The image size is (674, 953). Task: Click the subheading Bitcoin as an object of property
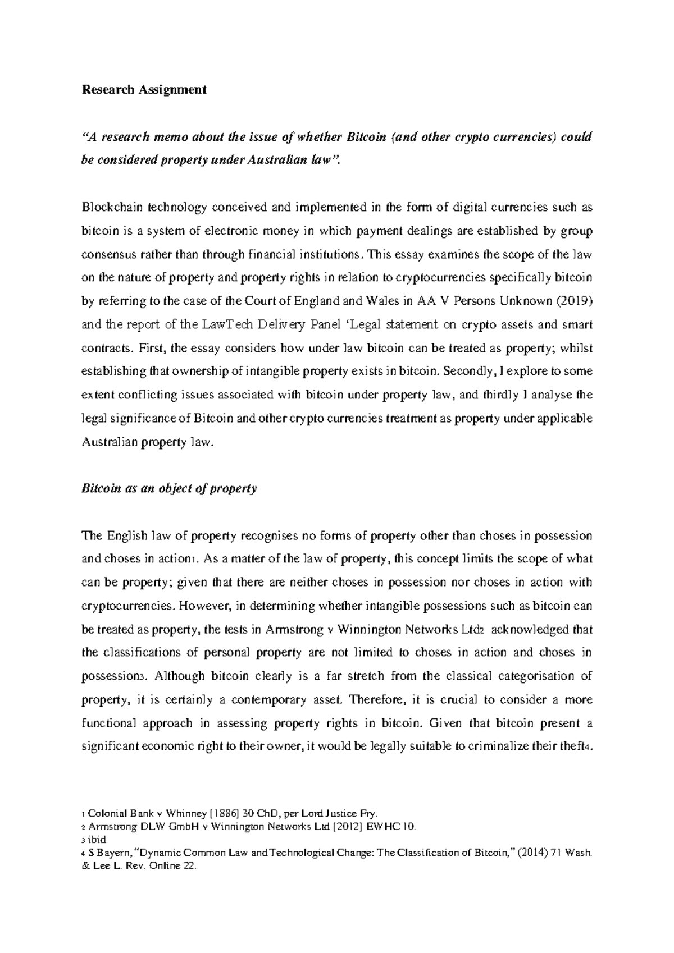[169, 488]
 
